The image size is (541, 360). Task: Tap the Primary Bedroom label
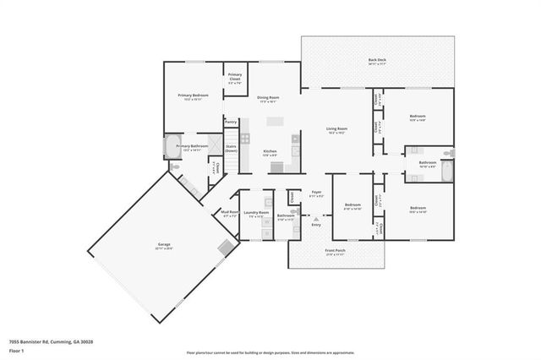pos(193,96)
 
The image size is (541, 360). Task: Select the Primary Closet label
pos(235,81)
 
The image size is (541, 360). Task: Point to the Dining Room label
pos(268,99)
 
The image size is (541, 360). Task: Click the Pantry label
pos(231,122)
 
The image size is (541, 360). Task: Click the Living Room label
pos(337,130)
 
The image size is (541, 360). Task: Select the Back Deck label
pos(377,62)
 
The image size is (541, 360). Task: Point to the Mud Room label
pos(228,215)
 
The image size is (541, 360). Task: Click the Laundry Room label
pos(256,215)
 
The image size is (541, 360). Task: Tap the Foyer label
pos(316,194)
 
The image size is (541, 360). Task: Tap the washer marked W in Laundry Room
pos(268,223)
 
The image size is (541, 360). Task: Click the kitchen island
pos(275,122)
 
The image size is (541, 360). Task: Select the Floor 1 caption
pos(16,350)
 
